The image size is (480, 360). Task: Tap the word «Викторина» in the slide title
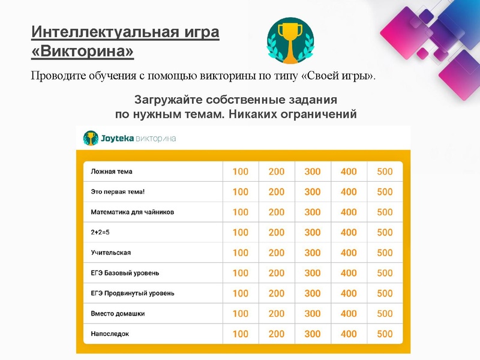click(x=83, y=52)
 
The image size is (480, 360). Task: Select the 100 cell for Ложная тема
click(x=240, y=172)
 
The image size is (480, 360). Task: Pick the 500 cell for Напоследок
click(x=385, y=334)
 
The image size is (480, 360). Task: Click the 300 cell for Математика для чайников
click(x=313, y=212)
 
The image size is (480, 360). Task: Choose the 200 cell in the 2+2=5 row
click(x=277, y=232)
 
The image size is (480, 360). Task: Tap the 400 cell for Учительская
click(x=349, y=253)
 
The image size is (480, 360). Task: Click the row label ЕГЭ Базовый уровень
click(x=125, y=273)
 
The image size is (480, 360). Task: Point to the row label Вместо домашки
click(x=118, y=313)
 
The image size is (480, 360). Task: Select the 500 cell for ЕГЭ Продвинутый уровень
click(x=385, y=293)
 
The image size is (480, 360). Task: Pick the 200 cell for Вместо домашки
click(x=277, y=313)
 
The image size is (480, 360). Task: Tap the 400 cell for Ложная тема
click(x=349, y=172)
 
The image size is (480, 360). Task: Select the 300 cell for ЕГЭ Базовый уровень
click(x=313, y=273)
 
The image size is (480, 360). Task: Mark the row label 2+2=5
click(x=100, y=232)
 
